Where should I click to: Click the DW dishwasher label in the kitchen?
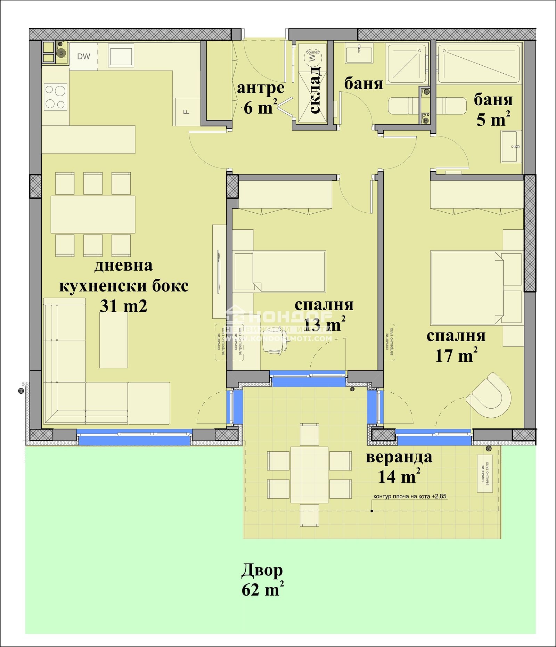click(x=83, y=56)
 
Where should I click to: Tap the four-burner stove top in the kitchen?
click(x=56, y=97)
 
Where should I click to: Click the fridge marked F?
click(x=187, y=112)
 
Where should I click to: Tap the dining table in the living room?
click(x=93, y=214)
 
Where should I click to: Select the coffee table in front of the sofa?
click(x=114, y=340)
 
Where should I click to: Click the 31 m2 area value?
click(x=123, y=306)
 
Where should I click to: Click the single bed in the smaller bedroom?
click(x=280, y=272)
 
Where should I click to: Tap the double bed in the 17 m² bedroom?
click(x=467, y=288)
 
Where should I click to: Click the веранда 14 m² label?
click(x=399, y=467)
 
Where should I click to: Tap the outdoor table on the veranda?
click(x=309, y=475)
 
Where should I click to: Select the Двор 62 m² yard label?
click(x=262, y=580)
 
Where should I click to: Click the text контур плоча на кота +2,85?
click(x=410, y=496)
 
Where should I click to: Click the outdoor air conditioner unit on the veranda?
click(x=488, y=474)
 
